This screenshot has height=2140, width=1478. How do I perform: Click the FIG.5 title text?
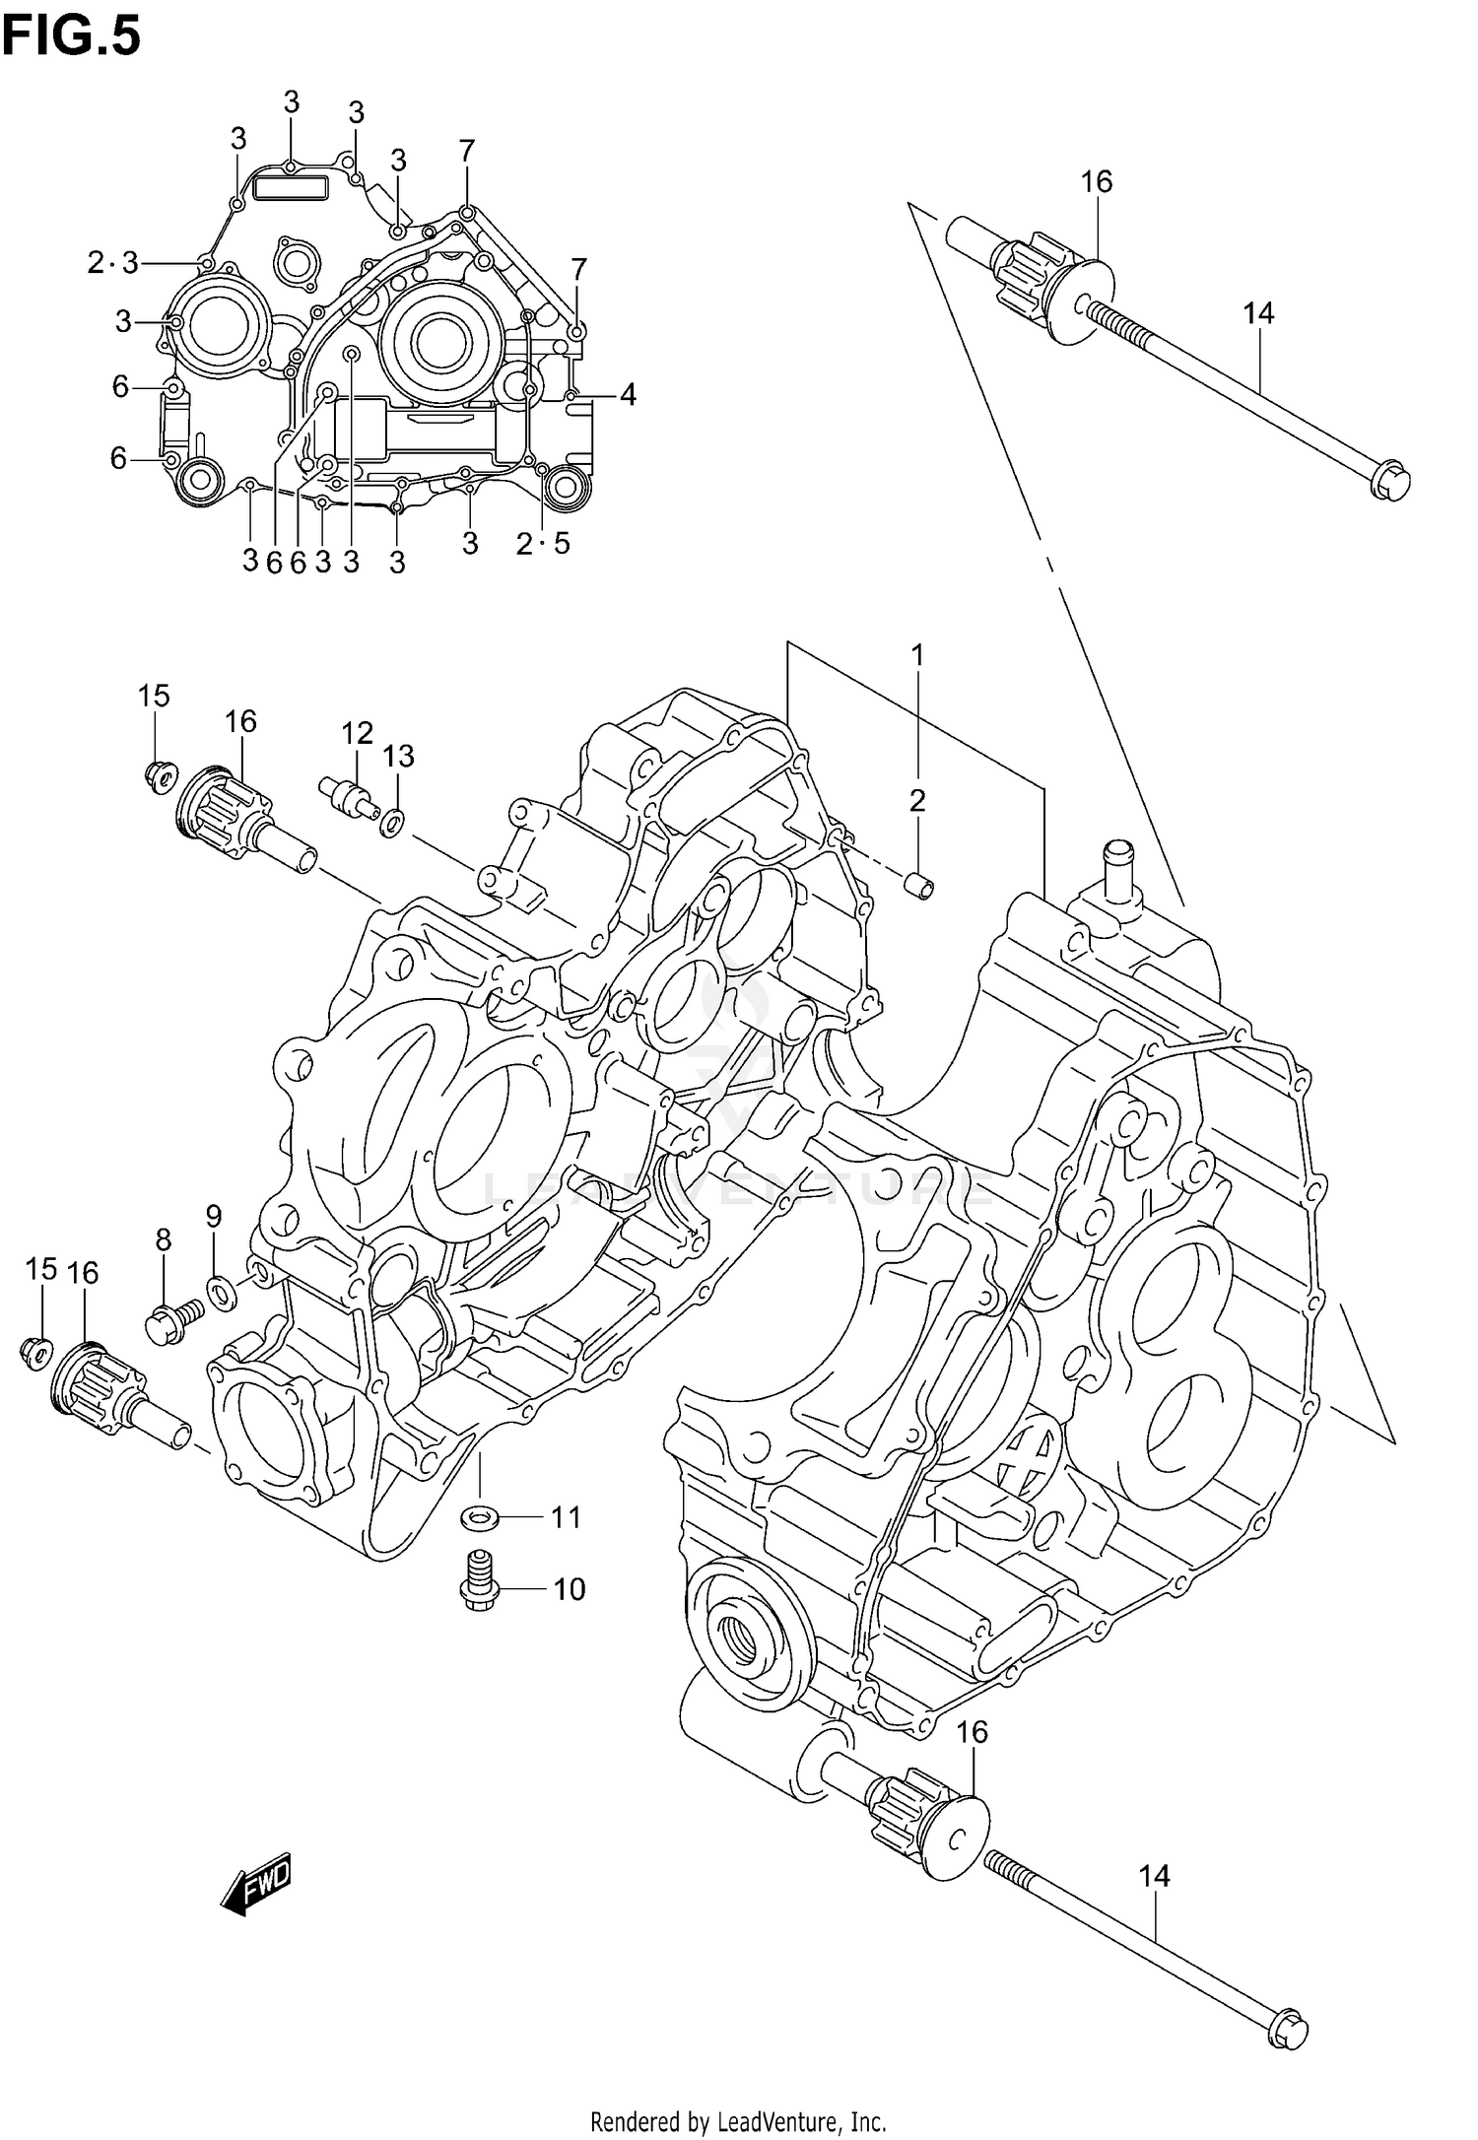pyautogui.click(x=71, y=37)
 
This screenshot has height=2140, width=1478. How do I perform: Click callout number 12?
pyautogui.click(x=358, y=733)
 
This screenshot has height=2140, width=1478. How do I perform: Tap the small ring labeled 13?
pyautogui.click(x=391, y=820)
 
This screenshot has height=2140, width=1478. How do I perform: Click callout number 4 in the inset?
pyautogui.click(x=628, y=395)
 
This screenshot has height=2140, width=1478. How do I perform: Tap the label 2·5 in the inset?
pyautogui.click(x=543, y=543)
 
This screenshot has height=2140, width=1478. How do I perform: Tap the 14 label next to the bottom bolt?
pyautogui.click(x=1154, y=1876)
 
